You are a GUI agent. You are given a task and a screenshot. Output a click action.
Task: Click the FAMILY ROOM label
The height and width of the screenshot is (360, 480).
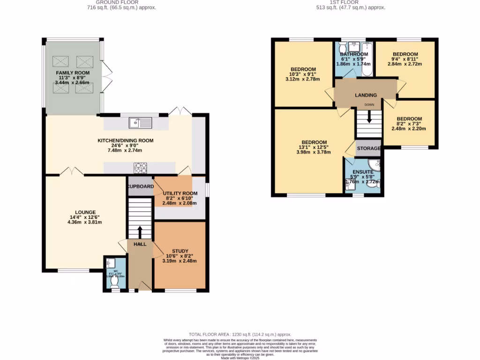[73, 74]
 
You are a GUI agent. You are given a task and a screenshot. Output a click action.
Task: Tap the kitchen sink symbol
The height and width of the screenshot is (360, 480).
[141, 123]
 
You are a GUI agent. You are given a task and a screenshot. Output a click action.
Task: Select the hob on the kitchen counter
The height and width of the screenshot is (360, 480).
[141, 167]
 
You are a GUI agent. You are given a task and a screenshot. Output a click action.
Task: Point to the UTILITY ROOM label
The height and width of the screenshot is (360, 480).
[180, 193]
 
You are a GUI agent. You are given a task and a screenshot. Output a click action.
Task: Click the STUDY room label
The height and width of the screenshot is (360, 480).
[180, 251]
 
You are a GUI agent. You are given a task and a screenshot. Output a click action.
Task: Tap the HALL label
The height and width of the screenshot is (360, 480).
[140, 244]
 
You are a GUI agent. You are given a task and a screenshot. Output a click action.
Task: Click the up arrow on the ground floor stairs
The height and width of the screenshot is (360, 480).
[140, 231]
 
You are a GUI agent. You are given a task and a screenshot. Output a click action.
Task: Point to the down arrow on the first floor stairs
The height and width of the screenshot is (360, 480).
[369, 117]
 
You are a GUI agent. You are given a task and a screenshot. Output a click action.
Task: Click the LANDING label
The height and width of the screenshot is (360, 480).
[366, 95]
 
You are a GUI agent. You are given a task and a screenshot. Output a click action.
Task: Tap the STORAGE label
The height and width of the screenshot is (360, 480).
[368, 149]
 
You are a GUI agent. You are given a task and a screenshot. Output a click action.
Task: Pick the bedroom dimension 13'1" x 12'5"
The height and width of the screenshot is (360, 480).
[314, 148]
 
